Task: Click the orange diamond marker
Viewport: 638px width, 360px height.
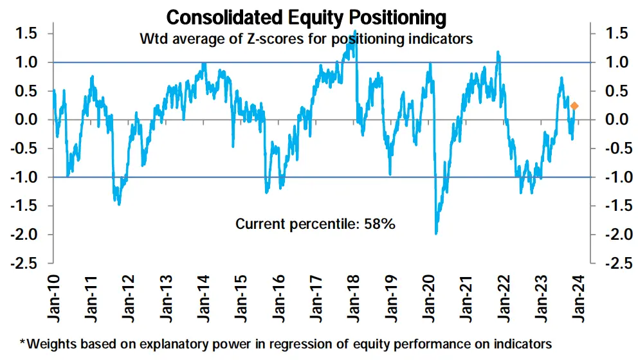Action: (x=574, y=106)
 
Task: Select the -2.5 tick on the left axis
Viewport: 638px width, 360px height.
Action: (x=26, y=263)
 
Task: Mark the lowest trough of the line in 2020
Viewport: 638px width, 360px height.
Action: (x=437, y=233)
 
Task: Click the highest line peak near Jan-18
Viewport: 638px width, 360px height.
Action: (x=355, y=48)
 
